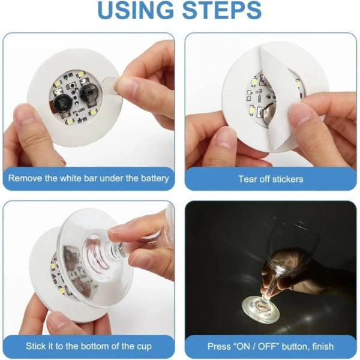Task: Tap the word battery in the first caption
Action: (151, 178)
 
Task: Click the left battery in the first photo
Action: (61, 104)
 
